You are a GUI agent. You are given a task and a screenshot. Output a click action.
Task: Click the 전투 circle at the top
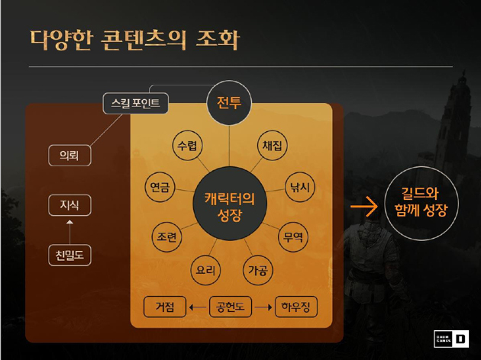pyautogui.click(x=229, y=103)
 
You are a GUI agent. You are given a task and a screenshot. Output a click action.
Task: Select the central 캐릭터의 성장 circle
pyautogui.click(x=230, y=204)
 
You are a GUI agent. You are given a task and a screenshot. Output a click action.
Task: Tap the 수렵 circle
pyautogui.click(x=187, y=145)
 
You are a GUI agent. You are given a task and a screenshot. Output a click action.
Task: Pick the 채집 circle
pyautogui.click(x=272, y=145)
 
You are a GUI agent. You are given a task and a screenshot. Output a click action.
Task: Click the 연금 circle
pyautogui.click(x=160, y=187)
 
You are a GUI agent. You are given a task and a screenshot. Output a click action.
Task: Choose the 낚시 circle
pyautogui.click(x=300, y=187)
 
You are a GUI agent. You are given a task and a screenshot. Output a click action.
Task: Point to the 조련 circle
pyautogui.click(x=167, y=237)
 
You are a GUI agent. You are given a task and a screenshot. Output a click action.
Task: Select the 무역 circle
pyautogui.click(x=293, y=237)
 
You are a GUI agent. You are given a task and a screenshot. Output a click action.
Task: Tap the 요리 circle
pyautogui.click(x=205, y=270)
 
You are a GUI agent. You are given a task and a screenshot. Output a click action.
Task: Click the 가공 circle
pyautogui.click(x=258, y=270)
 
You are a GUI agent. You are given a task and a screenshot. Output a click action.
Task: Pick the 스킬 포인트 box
pyautogui.click(x=136, y=103)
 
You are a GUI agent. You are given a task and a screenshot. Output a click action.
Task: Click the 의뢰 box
pyautogui.click(x=69, y=156)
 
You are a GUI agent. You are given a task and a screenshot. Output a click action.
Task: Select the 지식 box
pyautogui.click(x=69, y=205)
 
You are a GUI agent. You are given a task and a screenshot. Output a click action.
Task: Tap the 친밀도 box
pyautogui.click(x=69, y=256)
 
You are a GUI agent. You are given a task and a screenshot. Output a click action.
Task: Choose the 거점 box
pyautogui.click(x=165, y=307)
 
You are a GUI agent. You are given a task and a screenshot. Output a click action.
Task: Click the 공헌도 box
pyautogui.click(x=231, y=307)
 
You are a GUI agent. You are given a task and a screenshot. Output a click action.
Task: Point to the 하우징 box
pyautogui.click(x=296, y=307)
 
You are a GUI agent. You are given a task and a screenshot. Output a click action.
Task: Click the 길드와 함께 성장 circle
pyautogui.click(x=421, y=204)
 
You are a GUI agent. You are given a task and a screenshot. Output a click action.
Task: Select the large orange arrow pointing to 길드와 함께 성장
pyautogui.click(x=364, y=206)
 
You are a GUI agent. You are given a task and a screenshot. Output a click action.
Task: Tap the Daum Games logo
pyautogui.click(x=451, y=339)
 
